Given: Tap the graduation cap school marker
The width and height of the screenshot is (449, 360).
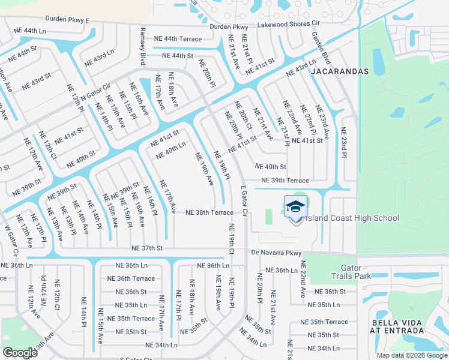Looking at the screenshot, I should pyautogui.click(x=295, y=208).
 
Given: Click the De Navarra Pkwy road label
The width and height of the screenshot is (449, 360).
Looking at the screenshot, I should pyautogui.click(x=276, y=254).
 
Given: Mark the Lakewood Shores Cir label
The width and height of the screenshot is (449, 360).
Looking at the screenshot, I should pyautogui.click(x=288, y=23).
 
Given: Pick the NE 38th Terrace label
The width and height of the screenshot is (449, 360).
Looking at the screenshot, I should pyautogui.click(x=209, y=212).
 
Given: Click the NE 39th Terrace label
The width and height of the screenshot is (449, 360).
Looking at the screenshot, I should pyautogui.click(x=285, y=181).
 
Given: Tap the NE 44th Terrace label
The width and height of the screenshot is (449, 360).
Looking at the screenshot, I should pyautogui.click(x=178, y=38).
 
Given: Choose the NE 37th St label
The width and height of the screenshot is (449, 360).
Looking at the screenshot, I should pyautogui.click(x=148, y=248).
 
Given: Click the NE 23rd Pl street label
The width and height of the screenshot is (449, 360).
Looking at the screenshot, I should pyautogui.click(x=344, y=143).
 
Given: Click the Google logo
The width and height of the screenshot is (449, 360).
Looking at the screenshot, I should pyautogui.click(x=20, y=353).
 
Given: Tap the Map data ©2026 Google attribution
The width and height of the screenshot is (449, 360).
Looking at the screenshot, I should pyautogui.click(x=411, y=355).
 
